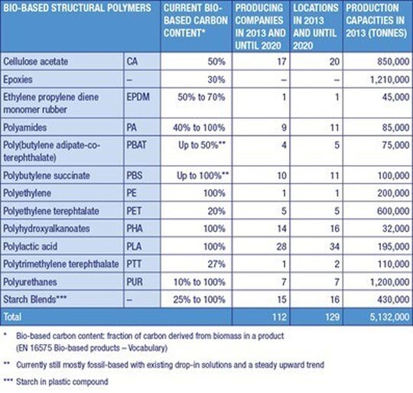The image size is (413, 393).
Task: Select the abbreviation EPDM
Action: coord(138,97)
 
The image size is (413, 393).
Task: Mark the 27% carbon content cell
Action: coord(216,265)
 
